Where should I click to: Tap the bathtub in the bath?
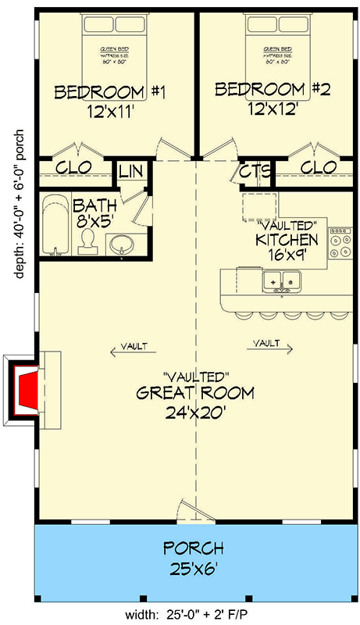(x=54, y=224)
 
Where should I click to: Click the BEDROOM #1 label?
(x=110, y=93)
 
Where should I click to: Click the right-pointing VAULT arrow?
(x=271, y=344)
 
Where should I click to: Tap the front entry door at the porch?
(x=192, y=512)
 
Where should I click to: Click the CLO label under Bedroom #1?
(x=75, y=167)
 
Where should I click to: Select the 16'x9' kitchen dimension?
(x=287, y=256)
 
